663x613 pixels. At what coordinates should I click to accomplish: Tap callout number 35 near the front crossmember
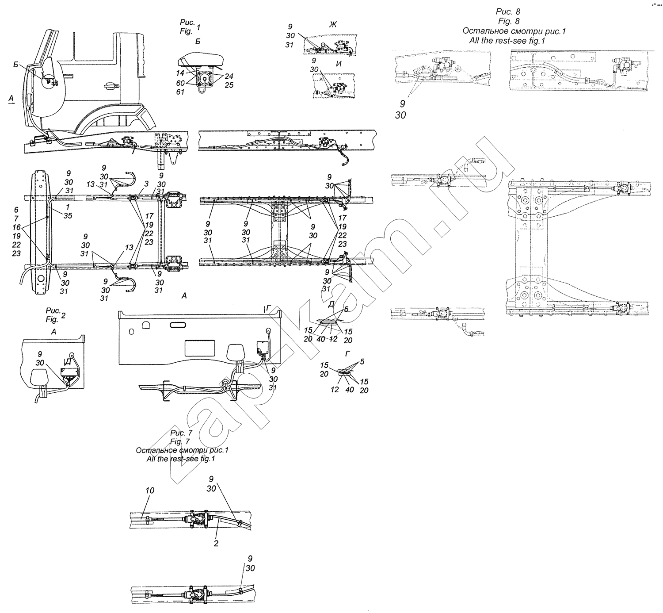click(x=68, y=216)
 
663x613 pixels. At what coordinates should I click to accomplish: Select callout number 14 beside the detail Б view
click(x=180, y=73)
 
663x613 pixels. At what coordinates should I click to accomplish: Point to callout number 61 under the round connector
click(x=180, y=92)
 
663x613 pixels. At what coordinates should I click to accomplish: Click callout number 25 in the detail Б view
click(x=229, y=85)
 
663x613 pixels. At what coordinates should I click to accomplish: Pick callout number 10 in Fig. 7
click(x=150, y=490)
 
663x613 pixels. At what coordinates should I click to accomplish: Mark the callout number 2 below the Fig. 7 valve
click(x=216, y=544)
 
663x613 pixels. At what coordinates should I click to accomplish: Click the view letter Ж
click(x=333, y=24)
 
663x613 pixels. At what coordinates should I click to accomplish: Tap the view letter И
click(x=339, y=64)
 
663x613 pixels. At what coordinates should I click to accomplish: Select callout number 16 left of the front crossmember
click(x=16, y=227)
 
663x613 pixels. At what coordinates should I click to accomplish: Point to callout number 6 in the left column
click(x=16, y=210)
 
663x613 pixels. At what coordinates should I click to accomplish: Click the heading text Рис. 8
click(x=508, y=11)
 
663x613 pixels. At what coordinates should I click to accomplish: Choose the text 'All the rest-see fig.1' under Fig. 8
click(x=507, y=41)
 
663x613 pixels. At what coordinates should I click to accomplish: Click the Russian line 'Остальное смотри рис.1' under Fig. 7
click(x=182, y=450)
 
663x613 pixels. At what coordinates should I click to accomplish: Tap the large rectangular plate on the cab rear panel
click(x=200, y=348)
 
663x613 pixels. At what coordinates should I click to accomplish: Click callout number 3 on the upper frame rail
click(x=147, y=184)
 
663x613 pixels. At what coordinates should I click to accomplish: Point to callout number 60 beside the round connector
click(x=180, y=83)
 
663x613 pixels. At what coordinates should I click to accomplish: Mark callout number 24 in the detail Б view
click(x=229, y=77)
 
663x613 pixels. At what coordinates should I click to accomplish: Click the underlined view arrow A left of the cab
click(x=11, y=99)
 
